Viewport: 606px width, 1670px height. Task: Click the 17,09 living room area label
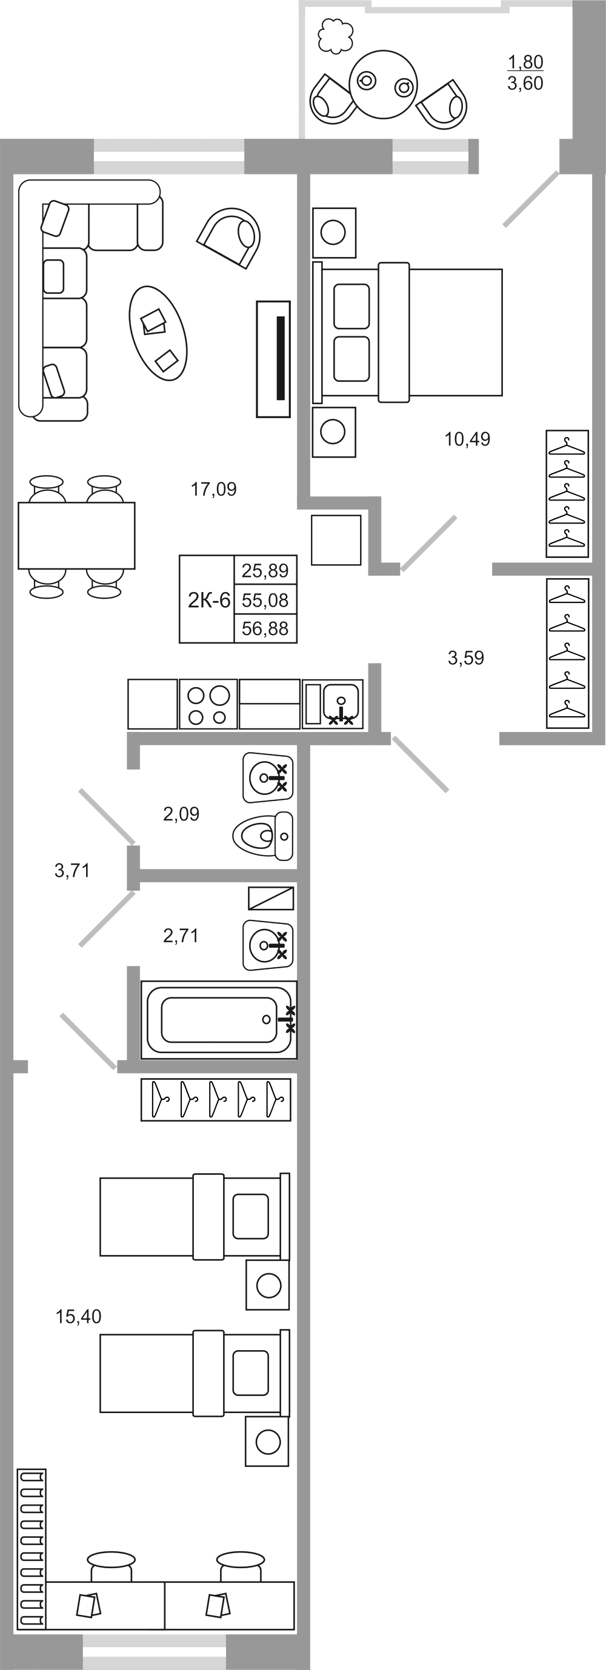(214, 489)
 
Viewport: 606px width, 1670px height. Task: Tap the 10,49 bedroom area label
(467, 439)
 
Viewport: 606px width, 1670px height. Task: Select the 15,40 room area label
(78, 1316)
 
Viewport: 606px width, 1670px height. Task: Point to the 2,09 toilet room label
(181, 814)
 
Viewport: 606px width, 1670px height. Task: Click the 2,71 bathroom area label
(181, 936)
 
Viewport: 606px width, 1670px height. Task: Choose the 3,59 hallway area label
(465, 657)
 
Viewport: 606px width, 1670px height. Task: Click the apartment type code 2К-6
(208, 600)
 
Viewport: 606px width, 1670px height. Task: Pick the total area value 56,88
(264, 628)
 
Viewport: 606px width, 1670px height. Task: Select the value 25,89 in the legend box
(264, 570)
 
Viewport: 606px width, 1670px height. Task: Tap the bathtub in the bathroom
(219, 1020)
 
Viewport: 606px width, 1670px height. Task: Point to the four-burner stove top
(208, 704)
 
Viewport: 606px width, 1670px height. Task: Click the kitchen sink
(333, 704)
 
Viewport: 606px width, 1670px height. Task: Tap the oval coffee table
(158, 333)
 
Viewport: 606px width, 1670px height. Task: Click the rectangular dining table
(76, 536)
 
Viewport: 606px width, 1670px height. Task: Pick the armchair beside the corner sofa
(230, 238)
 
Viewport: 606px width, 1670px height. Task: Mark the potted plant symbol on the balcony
(336, 36)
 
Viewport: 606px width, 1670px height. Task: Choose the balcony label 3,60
(525, 84)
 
